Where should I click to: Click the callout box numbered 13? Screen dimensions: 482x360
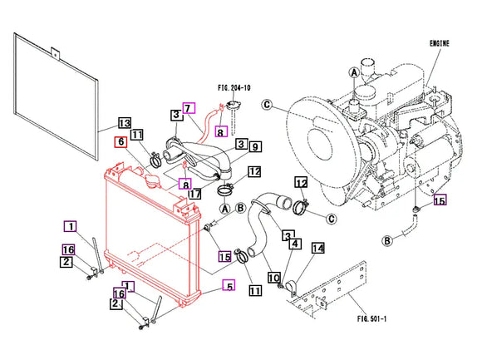click(125, 123)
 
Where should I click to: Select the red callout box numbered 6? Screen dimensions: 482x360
click(120, 141)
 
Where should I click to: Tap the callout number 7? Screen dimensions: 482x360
click(189, 108)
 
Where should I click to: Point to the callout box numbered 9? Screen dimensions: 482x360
click(255, 147)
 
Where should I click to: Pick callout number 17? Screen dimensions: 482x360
click(195, 194)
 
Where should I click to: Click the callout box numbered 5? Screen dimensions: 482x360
click(229, 286)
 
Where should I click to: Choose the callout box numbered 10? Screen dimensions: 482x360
click(274, 278)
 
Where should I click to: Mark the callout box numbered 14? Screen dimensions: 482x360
click(318, 248)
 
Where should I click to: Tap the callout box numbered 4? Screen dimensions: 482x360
click(295, 244)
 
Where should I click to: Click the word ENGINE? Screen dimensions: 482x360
click(440, 44)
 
